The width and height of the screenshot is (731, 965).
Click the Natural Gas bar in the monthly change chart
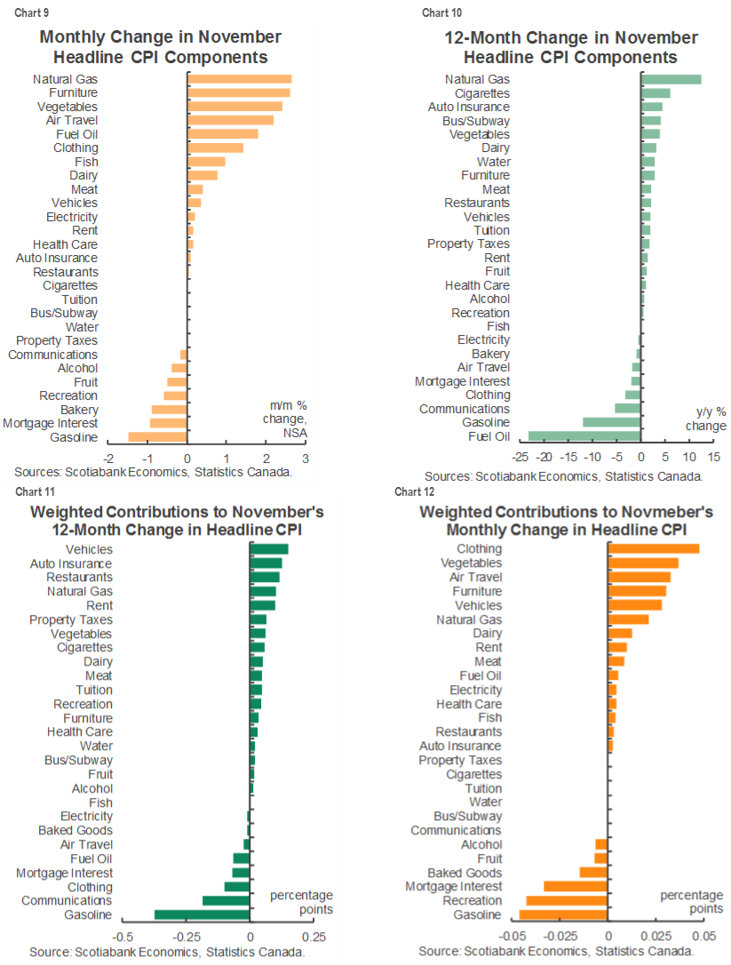[x=239, y=79]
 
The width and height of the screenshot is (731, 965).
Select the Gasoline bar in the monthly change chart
[x=157, y=436]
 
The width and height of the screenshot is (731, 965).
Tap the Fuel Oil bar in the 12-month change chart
[x=584, y=436]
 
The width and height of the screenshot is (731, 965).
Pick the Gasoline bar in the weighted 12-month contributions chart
[x=203, y=914]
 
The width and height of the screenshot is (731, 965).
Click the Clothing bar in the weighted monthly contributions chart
[x=653, y=548]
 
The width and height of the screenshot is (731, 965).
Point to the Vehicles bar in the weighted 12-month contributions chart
[x=269, y=549]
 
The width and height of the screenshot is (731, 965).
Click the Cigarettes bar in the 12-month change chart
[x=656, y=93]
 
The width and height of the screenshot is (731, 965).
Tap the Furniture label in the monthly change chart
[x=74, y=92]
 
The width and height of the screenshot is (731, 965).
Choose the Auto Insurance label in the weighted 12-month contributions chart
[x=71, y=563]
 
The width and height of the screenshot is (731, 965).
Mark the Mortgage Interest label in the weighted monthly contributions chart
[x=453, y=887]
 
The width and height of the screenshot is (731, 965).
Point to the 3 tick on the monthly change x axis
[x=306, y=459]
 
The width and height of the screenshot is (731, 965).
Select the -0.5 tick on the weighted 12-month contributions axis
[x=123, y=937]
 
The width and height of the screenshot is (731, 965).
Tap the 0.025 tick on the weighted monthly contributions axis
[x=656, y=937]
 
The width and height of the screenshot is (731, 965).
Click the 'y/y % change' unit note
[x=705, y=419]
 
